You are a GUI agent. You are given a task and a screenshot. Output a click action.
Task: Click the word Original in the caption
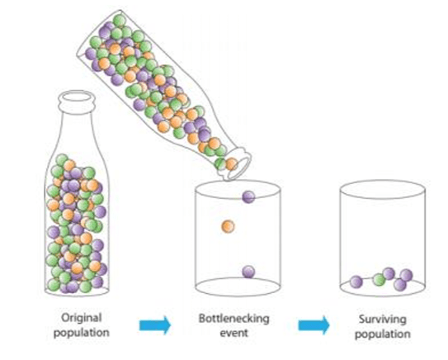[82, 318]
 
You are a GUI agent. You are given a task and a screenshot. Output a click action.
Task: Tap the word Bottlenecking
[234, 319]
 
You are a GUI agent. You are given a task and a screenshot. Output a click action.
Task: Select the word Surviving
[383, 320]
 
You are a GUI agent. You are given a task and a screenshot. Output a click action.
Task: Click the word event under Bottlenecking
[233, 333]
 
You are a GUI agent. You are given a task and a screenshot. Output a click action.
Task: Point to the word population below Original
[82, 333]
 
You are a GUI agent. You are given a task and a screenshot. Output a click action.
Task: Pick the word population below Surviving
[383, 334]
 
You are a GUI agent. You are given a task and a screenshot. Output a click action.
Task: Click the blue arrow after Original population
[155, 325]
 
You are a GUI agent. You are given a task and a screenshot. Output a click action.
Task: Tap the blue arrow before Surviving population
[314, 325]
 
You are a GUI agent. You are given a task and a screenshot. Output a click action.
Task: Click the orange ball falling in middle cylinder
[228, 226]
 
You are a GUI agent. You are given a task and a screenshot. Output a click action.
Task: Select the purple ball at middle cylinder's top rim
[248, 197]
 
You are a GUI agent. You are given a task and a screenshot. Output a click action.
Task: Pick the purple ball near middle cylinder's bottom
[248, 272]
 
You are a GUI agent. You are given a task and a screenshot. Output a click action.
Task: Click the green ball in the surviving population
[380, 279]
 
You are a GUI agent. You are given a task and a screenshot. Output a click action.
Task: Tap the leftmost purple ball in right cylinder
[356, 282]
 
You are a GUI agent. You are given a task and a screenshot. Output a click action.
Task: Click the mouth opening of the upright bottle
[77, 97]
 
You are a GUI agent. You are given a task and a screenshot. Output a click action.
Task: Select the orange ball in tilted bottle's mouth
[232, 163]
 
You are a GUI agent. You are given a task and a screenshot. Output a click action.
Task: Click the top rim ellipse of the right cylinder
[383, 182]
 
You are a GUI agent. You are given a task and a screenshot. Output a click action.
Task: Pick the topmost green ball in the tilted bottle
[119, 21]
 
